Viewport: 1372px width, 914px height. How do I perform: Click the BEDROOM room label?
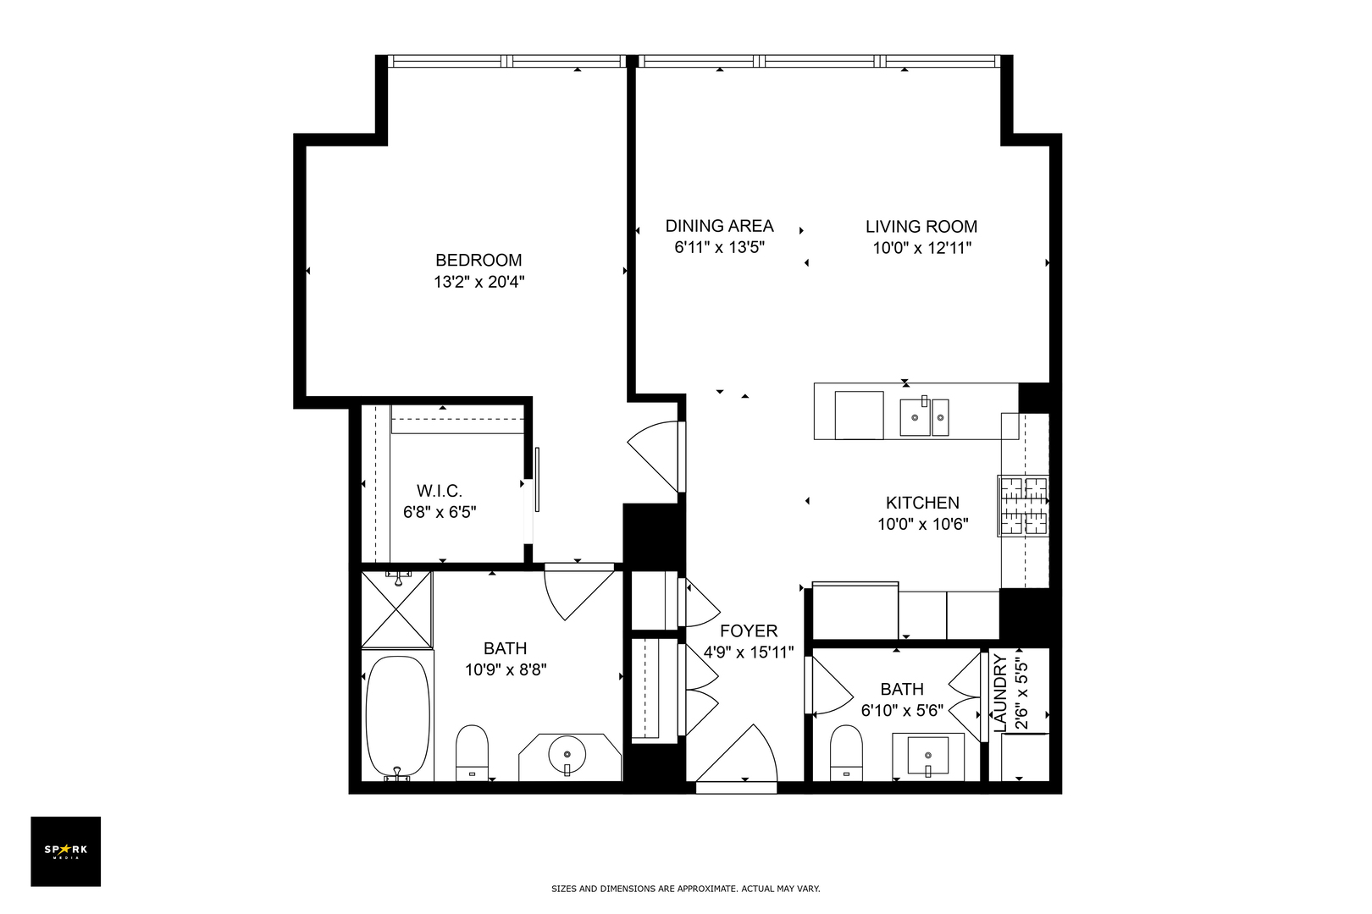click(x=479, y=260)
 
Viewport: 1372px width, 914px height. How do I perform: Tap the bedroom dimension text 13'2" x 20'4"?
click(x=479, y=282)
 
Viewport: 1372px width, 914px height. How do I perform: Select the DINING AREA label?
click(x=719, y=226)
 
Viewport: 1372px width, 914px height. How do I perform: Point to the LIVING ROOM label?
click(x=921, y=226)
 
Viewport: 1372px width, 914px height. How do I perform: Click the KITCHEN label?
click(x=922, y=503)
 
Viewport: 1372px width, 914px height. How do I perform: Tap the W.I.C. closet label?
click(x=439, y=491)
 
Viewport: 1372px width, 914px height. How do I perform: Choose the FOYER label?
click(x=748, y=631)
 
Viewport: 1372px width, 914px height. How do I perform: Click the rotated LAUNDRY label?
click(x=1000, y=693)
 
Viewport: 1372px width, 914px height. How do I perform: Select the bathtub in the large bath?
click(x=396, y=716)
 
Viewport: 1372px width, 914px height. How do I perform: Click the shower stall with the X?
click(x=396, y=609)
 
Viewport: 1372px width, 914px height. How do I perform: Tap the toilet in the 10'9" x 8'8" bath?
click(x=472, y=750)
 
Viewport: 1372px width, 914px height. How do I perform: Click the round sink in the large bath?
click(x=567, y=752)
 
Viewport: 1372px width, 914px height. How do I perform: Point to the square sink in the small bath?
click(x=927, y=754)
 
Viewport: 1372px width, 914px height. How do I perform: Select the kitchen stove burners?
click(x=1023, y=505)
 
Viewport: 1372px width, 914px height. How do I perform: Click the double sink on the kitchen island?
click(x=924, y=417)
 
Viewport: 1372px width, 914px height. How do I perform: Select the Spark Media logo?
click(x=65, y=851)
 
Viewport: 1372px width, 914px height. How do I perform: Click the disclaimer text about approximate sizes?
click(x=685, y=889)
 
